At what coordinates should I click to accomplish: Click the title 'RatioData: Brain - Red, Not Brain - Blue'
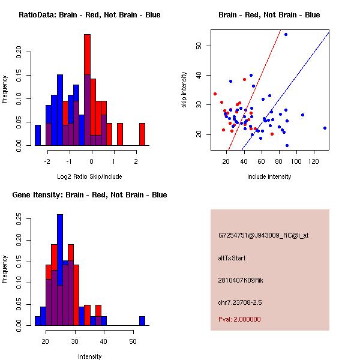click(89, 15)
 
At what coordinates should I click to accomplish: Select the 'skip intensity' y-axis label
click(185, 90)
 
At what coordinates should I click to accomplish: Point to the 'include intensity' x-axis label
click(269, 176)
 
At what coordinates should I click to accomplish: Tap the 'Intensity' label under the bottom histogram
click(90, 356)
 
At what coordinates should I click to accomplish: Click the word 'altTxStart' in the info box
click(232, 258)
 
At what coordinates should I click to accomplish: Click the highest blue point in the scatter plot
click(286, 34)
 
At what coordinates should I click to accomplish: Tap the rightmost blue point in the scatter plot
click(325, 128)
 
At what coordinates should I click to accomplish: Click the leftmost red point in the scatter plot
click(215, 94)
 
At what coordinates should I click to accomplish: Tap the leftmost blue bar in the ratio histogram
click(38, 135)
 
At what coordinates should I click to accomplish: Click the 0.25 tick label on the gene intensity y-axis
click(21, 220)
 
